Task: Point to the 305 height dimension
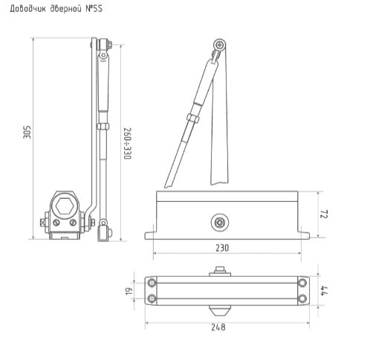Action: [x=27, y=132]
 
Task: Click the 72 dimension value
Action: [x=325, y=215]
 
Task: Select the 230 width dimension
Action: [x=221, y=247]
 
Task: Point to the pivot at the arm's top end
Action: [x=220, y=48]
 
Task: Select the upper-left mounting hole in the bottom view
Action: [x=152, y=283]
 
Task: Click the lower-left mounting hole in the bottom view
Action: [x=152, y=299]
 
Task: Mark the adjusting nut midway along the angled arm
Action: [x=192, y=118]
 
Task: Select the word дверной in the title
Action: [x=63, y=9]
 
